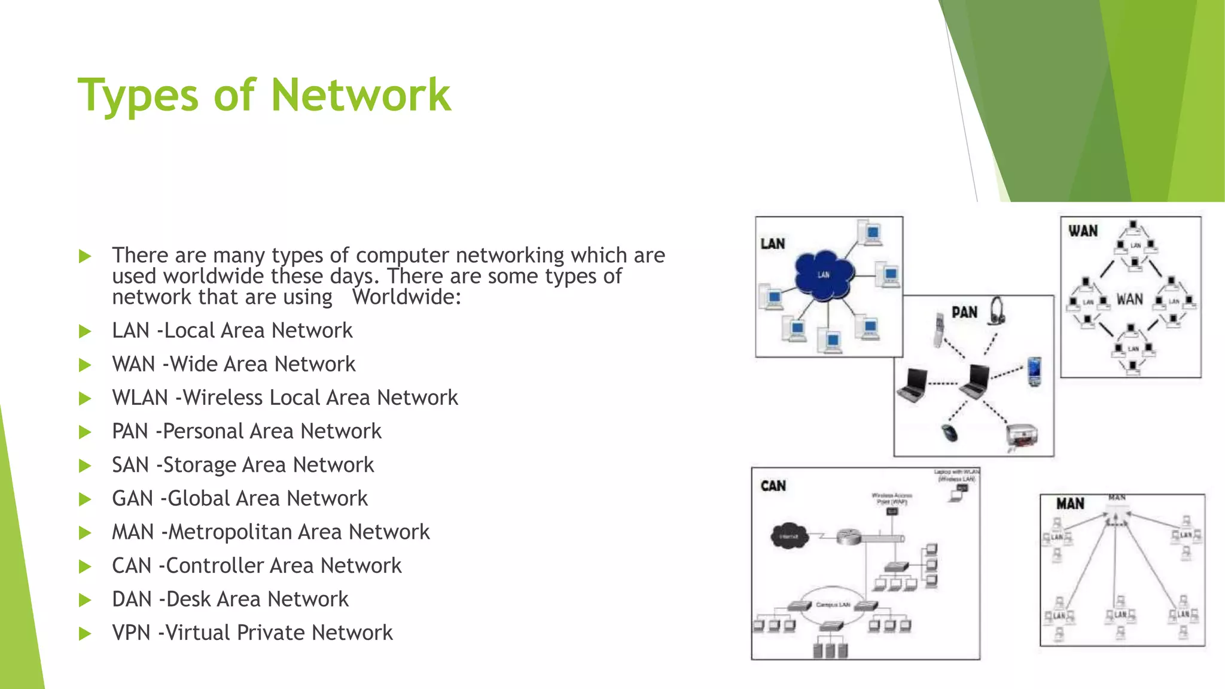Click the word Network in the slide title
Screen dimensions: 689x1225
click(x=361, y=96)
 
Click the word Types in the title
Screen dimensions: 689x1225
click(x=138, y=96)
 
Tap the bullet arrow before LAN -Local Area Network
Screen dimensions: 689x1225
click(x=85, y=331)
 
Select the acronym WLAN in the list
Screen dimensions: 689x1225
click(x=140, y=398)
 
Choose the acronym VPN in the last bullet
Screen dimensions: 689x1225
click(x=131, y=633)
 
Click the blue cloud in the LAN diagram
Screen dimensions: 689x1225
click(x=824, y=275)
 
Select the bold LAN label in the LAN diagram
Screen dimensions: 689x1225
click(x=772, y=244)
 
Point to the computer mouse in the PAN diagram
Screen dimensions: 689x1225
click(x=949, y=432)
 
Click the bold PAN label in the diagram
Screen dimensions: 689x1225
click(x=964, y=313)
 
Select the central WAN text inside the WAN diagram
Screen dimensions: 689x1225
click(x=1129, y=300)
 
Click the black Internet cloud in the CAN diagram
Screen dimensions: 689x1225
click(x=789, y=536)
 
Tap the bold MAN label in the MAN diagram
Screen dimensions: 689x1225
click(x=1070, y=504)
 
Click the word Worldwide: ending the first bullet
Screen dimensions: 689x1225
click(x=407, y=297)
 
